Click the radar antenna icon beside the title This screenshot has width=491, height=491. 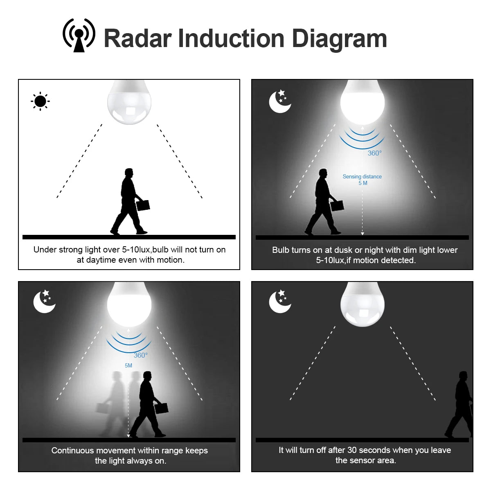tap(79, 36)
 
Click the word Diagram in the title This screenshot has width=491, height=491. tap(339, 39)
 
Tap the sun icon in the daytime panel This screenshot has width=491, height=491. tap(40, 101)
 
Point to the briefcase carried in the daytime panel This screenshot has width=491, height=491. tap(143, 205)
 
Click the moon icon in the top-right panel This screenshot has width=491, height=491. tap(279, 101)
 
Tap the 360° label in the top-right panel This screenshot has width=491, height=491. tap(374, 153)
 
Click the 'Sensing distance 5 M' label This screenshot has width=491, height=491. tap(362, 180)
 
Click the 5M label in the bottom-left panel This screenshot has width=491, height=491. tap(128, 365)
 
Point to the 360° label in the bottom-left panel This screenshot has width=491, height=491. tap(140, 355)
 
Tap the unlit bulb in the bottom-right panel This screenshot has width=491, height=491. tap(363, 305)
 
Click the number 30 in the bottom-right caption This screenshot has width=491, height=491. tap(352, 450)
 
